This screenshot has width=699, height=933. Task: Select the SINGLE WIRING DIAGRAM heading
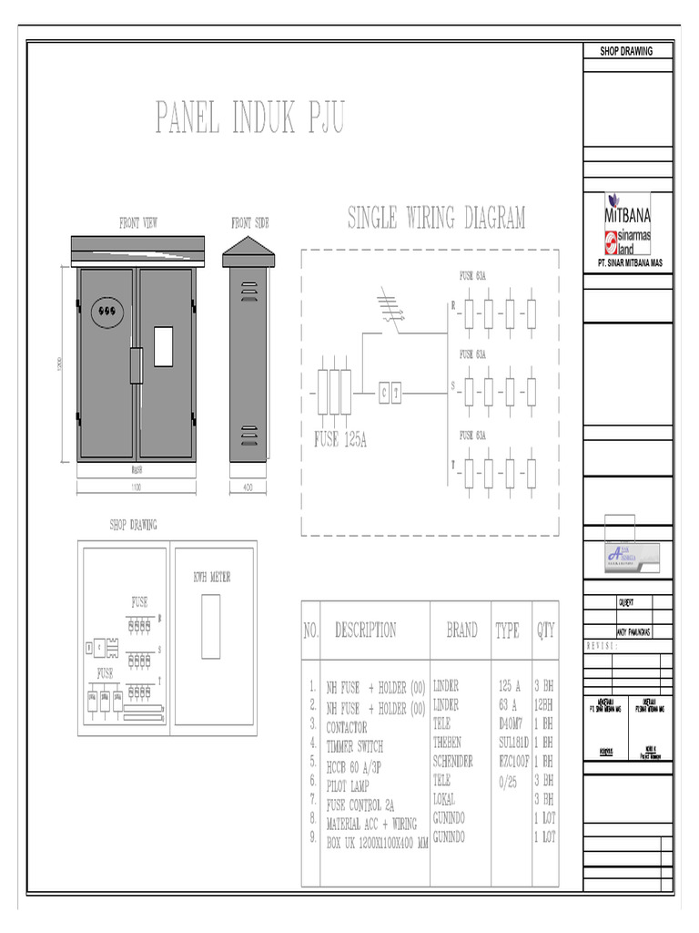tap(437, 218)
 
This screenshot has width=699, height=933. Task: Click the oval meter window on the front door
tap(106, 310)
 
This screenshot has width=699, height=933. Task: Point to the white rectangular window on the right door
tap(164, 345)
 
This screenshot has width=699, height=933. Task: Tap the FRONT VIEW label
tap(138, 222)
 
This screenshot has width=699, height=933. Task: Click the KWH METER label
tap(211, 577)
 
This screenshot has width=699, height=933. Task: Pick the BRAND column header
tap(461, 630)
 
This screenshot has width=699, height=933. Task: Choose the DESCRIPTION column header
tap(365, 630)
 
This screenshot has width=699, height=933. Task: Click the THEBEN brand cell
tap(447, 743)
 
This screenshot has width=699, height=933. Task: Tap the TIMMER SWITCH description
tap(354, 746)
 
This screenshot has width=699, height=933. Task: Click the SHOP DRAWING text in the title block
tap(626, 51)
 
